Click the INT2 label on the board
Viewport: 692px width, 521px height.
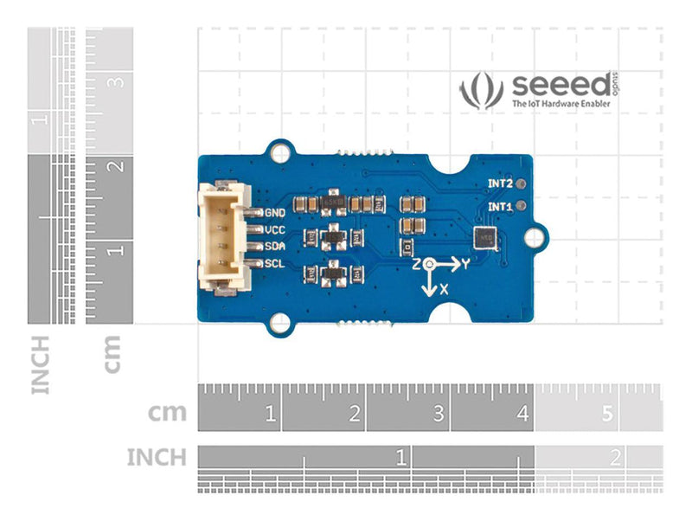coord(499,184)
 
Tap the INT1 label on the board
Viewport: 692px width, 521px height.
coord(499,207)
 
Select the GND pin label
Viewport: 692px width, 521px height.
coord(275,212)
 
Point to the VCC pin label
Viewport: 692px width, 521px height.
coord(275,229)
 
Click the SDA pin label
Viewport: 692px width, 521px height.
coord(275,247)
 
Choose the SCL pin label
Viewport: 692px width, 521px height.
coord(275,264)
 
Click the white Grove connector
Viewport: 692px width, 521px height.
coord(223,237)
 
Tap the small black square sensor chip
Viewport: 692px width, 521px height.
coord(484,239)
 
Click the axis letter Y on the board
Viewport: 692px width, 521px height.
coord(465,264)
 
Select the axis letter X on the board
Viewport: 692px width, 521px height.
coord(444,289)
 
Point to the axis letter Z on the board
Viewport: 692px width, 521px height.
coord(417,263)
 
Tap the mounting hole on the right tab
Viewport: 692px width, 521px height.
coord(537,236)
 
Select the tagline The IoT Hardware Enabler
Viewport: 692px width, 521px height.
coord(561,104)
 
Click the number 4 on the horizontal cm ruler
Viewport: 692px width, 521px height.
coord(522,415)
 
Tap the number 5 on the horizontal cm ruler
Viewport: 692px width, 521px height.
coord(606,415)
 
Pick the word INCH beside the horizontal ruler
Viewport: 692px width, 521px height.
coord(156,456)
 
